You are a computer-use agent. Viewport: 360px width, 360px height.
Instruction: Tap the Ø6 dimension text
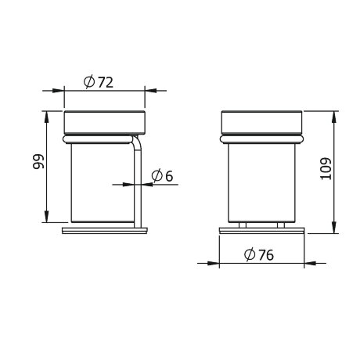tap(163, 175)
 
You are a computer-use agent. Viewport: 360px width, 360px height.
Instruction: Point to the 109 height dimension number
tap(326, 168)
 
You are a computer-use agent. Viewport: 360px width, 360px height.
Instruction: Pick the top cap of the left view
tap(105, 122)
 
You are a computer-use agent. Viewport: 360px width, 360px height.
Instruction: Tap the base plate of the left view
tap(105, 231)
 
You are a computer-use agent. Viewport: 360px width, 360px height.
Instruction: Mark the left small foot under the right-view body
tap(243, 225)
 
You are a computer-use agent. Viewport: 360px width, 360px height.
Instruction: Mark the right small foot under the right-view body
tap(280, 225)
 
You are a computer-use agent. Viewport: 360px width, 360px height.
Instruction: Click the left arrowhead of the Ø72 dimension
tap(67, 90)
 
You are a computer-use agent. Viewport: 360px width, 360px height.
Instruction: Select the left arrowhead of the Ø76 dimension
tap(222, 263)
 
